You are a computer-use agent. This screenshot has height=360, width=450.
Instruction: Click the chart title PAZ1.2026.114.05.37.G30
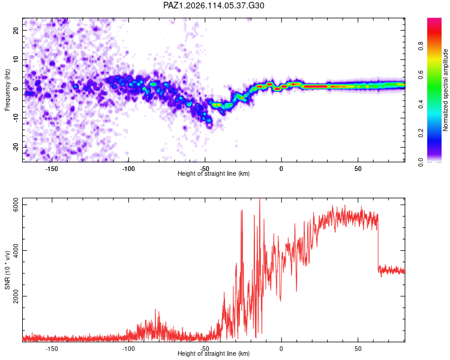(214, 5)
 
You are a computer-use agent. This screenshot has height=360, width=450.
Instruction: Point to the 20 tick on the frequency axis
(16, 30)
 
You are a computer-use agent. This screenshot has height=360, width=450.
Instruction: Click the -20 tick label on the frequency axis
(16, 148)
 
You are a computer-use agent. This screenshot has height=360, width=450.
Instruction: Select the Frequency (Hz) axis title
(7, 90)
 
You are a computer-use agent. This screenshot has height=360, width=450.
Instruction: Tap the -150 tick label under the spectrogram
(52, 169)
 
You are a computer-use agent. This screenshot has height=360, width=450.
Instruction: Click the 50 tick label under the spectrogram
(358, 169)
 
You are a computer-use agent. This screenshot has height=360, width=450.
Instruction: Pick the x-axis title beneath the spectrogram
(214, 173)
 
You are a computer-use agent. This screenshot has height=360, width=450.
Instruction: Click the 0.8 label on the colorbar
(421, 46)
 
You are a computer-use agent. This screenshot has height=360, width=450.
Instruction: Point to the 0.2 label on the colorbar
(421, 133)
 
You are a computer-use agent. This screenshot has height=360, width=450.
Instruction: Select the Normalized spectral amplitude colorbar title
(445, 90)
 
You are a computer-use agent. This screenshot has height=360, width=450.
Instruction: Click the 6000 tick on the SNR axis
(16, 205)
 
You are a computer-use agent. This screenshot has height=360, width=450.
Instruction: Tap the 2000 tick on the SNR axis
(16, 296)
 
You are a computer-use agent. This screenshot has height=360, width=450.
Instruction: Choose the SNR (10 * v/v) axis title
(7, 270)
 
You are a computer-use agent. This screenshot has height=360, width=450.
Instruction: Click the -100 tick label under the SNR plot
(128, 349)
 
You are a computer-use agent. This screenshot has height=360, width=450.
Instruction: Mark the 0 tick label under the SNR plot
(281, 349)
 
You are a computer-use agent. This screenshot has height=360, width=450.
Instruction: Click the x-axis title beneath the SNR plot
(214, 353)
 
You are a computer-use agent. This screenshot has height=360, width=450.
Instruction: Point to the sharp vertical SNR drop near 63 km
(378, 241)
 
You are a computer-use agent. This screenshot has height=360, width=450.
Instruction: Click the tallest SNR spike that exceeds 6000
(260, 201)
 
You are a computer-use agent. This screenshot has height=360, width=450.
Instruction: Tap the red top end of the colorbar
(434, 20)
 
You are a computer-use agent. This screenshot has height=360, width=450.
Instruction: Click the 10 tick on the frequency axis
(16, 59)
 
